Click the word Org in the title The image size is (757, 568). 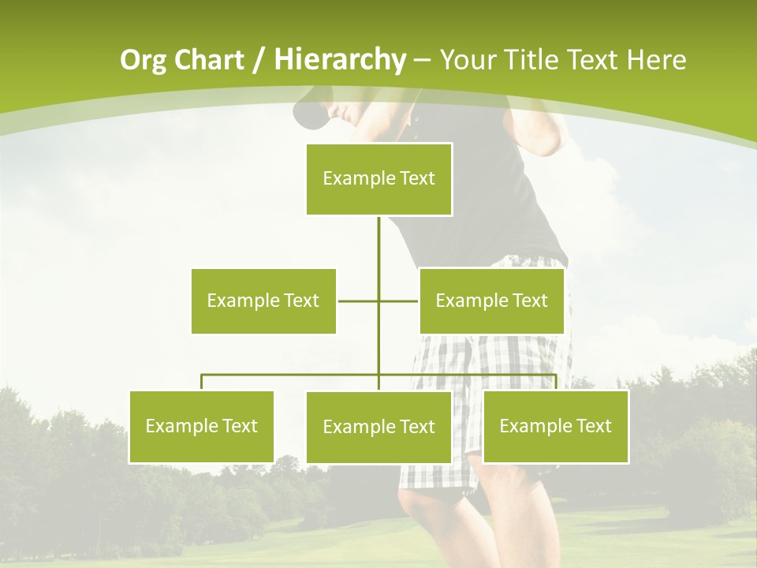click(143, 60)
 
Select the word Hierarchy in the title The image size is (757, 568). click(339, 60)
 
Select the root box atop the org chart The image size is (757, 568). click(378, 179)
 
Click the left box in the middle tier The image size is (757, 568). click(263, 301)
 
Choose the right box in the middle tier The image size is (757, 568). click(491, 301)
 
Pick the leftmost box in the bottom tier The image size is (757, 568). click(201, 426)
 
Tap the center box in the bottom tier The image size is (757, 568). click(378, 427)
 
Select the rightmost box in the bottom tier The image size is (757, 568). click(555, 426)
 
